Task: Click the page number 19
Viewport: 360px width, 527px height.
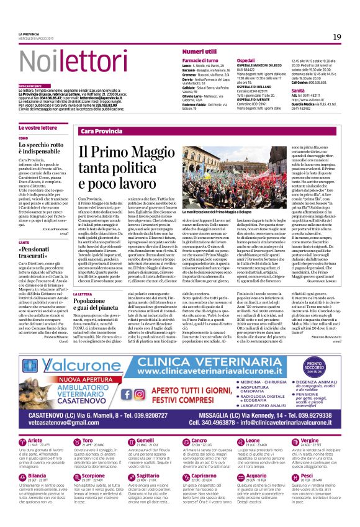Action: point(337,37)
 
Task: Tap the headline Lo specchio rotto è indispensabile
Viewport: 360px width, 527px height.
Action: point(43,148)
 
